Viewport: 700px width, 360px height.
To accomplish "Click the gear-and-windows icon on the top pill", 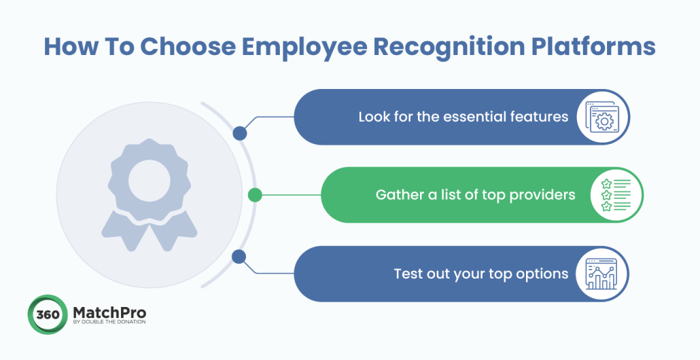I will (602, 117).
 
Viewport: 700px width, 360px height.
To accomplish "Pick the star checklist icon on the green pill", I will (615, 196).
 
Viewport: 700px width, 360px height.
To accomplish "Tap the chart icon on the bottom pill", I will (601, 274).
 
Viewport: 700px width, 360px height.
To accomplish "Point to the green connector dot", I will (255, 196).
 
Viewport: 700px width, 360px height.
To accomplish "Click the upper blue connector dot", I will (239, 134).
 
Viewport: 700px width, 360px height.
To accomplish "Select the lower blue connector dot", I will (239, 257).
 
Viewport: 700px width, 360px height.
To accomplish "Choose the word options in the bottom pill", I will (542, 274).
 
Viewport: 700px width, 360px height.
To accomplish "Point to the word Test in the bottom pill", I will (408, 274).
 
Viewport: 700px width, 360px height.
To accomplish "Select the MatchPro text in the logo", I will (108, 312).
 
